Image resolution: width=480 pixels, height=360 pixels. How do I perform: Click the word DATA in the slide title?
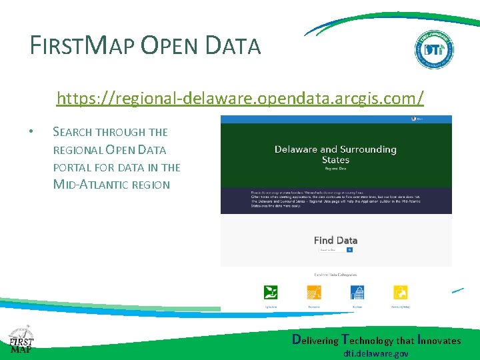233,45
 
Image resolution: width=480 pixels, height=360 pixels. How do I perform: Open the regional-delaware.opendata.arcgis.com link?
240,99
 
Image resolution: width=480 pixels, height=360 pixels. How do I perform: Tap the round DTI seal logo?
434,50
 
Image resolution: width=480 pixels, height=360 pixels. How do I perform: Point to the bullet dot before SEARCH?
32,132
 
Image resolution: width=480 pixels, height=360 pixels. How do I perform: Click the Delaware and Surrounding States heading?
335,155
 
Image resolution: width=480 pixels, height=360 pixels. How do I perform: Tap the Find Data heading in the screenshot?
335,240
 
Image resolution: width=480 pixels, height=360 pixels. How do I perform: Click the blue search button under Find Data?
349,250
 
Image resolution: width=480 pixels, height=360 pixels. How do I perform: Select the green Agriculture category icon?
271,293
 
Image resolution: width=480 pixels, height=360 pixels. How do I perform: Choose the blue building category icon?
357,293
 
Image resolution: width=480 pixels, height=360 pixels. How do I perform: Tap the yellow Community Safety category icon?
401,293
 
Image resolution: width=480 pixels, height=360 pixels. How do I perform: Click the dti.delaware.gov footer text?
376,354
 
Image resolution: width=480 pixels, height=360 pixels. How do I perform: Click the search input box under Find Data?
331,250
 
